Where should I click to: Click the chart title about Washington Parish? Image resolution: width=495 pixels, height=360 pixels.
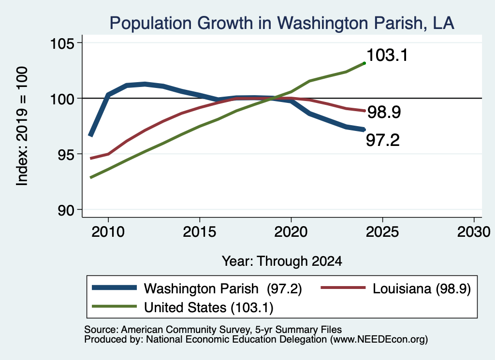(282, 23)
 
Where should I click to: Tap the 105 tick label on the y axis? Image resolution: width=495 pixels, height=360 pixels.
(62, 43)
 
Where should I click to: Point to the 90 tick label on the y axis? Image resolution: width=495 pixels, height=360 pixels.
(66, 210)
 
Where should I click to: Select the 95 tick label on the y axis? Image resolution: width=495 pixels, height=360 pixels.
(66, 155)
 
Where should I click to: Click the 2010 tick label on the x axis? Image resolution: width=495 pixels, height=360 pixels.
(108, 232)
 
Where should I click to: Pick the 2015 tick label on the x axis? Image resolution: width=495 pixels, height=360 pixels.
(200, 232)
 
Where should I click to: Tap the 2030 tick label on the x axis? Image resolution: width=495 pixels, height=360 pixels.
(474, 232)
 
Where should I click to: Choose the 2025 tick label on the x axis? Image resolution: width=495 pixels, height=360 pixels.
(382, 232)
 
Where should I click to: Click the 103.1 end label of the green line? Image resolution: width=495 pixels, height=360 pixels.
(387, 55)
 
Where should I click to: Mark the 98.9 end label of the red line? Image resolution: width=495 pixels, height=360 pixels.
(384, 112)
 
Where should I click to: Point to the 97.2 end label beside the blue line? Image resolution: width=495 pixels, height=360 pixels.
(383, 140)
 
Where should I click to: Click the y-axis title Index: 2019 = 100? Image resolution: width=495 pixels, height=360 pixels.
(22, 126)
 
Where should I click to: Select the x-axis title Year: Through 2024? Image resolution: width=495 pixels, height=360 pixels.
(282, 261)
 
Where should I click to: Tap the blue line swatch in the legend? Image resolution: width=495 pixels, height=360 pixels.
(114, 288)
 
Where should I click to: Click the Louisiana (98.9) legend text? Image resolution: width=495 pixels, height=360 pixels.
(422, 288)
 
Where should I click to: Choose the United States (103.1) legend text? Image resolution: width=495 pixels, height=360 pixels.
(209, 307)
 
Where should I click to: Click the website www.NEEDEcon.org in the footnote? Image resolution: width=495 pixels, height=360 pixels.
(379, 339)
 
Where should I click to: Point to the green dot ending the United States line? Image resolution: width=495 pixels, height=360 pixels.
(364, 63)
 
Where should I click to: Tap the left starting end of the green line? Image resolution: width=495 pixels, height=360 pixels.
(91, 178)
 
